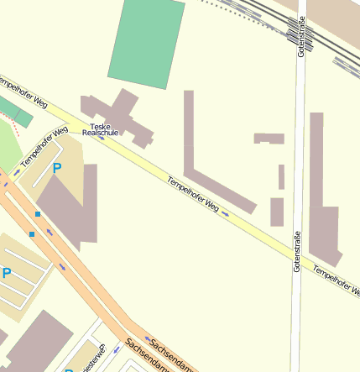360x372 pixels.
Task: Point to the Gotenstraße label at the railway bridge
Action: tap(300, 38)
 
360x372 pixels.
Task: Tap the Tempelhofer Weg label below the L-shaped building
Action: tap(192, 194)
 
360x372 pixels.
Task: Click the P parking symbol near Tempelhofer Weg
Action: tap(57, 168)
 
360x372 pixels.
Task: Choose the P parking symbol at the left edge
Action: tap(7, 273)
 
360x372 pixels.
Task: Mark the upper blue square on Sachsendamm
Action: tap(38, 214)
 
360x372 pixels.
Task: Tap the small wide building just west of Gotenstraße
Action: tap(269, 139)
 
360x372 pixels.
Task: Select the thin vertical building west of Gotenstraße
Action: tap(281, 177)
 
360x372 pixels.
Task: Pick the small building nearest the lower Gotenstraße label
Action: tap(277, 212)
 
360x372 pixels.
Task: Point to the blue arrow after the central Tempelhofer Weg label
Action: tap(226, 214)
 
